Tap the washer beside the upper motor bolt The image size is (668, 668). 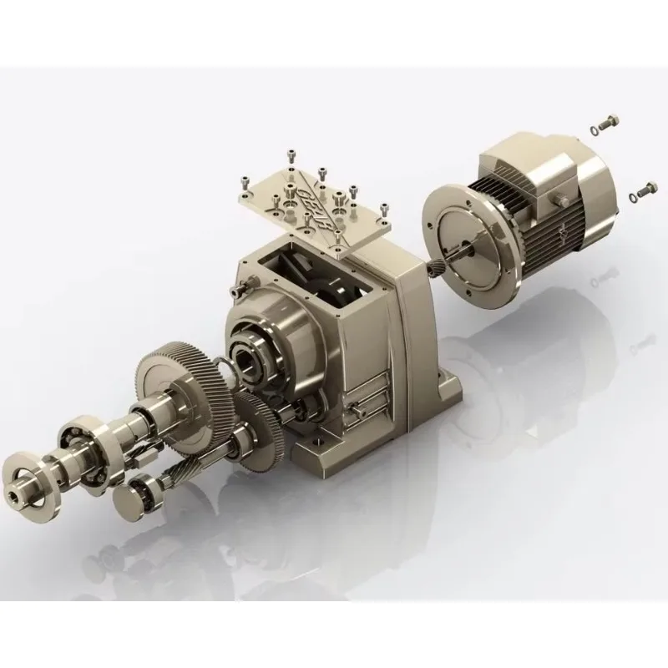click(594, 129)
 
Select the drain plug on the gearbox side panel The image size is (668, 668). click(356, 410)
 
